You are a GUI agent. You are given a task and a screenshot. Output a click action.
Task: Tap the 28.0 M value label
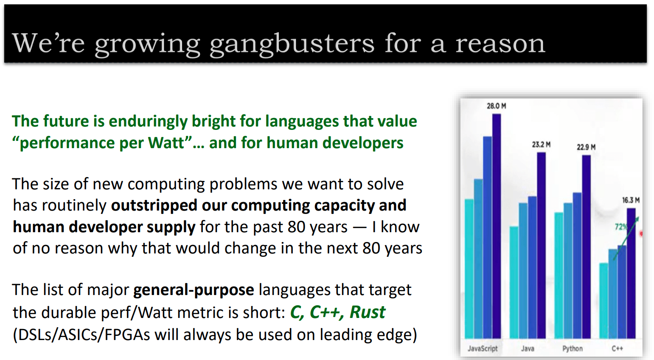497,106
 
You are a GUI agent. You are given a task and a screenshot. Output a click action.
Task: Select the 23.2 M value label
541,144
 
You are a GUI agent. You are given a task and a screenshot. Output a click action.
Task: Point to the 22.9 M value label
586,147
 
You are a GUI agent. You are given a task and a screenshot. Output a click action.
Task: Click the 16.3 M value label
631,200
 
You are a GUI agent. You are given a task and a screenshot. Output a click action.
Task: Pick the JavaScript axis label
483,349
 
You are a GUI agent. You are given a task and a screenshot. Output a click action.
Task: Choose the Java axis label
528,349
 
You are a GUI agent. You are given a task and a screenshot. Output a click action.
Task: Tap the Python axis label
573,349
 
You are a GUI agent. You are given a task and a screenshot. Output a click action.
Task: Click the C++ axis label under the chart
617,349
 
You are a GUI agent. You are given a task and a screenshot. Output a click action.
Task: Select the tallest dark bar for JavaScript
497,226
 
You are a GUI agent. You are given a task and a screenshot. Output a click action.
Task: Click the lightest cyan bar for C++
603,301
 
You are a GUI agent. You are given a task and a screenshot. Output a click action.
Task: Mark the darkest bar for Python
586,247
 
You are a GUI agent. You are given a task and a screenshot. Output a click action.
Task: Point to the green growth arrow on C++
626,238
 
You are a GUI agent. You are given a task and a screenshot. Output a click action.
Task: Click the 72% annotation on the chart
620,227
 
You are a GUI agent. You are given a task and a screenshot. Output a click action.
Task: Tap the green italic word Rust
367,312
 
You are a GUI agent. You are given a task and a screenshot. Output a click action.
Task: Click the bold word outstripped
154,205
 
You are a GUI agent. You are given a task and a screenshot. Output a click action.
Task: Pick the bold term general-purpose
194,290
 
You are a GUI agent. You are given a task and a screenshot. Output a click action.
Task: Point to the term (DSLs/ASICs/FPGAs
81,335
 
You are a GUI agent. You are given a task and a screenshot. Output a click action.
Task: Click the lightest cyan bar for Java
514,283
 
